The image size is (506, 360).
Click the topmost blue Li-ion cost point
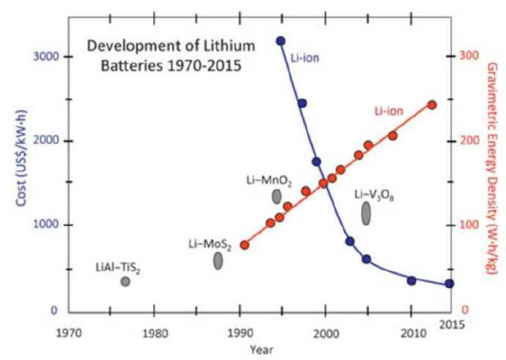[281, 41]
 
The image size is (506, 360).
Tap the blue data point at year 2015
[450, 284]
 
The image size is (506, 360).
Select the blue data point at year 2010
[411, 281]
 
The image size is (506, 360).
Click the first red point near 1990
[245, 245]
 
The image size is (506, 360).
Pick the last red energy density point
[432, 105]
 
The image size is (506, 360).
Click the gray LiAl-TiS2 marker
[125, 282]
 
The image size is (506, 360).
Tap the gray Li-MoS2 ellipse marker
[218, 260]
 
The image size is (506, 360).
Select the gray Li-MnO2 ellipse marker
[276, 196]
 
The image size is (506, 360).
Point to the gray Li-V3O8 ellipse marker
[366, 213]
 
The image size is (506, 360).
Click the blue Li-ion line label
[305, 58]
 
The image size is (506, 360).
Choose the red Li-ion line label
[389, 111]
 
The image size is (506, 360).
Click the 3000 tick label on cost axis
[46, 56]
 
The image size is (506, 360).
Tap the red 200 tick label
[469, 141]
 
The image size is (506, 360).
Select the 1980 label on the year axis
[155, 333]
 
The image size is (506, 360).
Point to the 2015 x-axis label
[452, 325]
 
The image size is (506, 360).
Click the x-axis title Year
[261, 350]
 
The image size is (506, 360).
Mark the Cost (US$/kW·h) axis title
[21, 158]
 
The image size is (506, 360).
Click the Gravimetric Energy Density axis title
[492, 169]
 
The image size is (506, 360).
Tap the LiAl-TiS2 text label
[118, 268]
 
